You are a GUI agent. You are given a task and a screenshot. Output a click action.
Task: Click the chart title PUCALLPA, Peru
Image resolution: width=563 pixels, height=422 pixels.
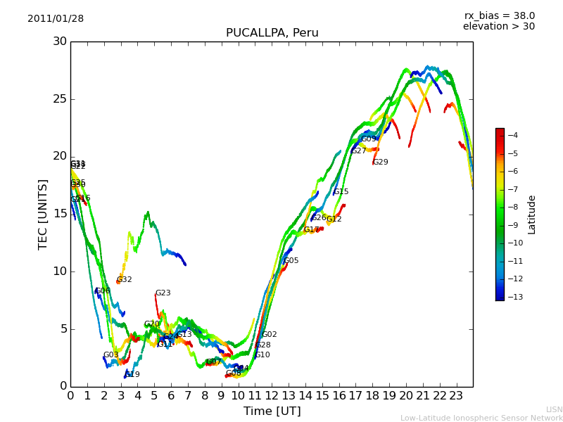tap(272, 33)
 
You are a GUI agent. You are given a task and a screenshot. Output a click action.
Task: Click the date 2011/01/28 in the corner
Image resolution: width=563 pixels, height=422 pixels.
tap(56, 19)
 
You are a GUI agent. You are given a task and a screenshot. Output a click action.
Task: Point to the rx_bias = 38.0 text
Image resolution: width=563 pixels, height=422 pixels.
tap(499, 16)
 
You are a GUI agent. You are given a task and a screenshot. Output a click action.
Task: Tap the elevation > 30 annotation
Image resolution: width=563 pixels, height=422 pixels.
tap(498, 27)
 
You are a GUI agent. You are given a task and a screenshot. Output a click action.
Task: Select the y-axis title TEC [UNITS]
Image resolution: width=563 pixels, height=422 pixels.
tap(43, 214)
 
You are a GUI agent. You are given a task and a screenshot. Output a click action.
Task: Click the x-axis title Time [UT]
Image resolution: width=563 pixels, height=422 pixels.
tap(272, 411)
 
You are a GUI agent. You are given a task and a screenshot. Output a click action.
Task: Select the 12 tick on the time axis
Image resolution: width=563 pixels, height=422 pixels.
tap(272, 396)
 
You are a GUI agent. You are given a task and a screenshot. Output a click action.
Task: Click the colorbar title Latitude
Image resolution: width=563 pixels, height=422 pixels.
tap(532, 215)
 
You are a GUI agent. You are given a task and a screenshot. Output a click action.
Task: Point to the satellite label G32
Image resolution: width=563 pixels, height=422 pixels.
tap(125, 280)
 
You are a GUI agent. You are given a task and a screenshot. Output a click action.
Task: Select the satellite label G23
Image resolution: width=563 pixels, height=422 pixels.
tap(163, 293)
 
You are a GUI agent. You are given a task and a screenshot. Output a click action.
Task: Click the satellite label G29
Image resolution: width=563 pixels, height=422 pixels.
tap(381, 162)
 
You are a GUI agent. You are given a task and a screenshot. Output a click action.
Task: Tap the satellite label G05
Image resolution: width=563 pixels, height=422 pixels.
tap(291, 261)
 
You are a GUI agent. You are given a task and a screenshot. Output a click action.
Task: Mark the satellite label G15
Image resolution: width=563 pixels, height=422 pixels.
tap(341, 192)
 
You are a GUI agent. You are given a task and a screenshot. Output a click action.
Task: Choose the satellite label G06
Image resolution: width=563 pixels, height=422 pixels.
tap(103, 291)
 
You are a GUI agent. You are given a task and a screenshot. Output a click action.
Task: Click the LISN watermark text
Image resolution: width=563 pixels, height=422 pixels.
tap(554, 409)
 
